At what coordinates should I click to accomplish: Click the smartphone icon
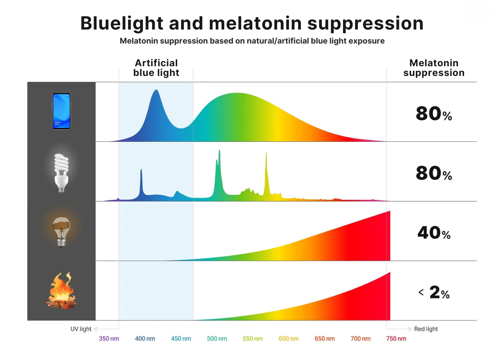tap(61, 111)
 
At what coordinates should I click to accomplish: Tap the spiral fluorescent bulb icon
tap(61, 172)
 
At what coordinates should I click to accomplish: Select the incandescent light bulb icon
tap(61, 231)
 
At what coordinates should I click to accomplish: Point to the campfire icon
tap(62, 292)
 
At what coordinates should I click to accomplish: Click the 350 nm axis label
tap(109, 339)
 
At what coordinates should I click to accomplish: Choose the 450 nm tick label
tap(181, 339)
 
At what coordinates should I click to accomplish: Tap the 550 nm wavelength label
tap(253, 339)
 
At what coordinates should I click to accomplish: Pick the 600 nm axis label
tap(289, 339)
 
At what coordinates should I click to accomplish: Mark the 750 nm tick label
tap(396, 339)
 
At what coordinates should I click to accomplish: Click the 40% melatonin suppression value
tap(434, 233)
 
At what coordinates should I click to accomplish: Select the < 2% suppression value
tap(434, 292)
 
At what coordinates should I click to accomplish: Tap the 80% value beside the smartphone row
tap(434, 114)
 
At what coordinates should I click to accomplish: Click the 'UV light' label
tap(81, 329)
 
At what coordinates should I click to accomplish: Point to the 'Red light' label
tap(426, 329)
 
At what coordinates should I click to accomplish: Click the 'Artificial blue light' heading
tap(156, 68)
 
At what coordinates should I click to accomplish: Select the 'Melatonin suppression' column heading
tap(434, 68)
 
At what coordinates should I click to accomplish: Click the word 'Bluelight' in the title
tap(122, 24)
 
